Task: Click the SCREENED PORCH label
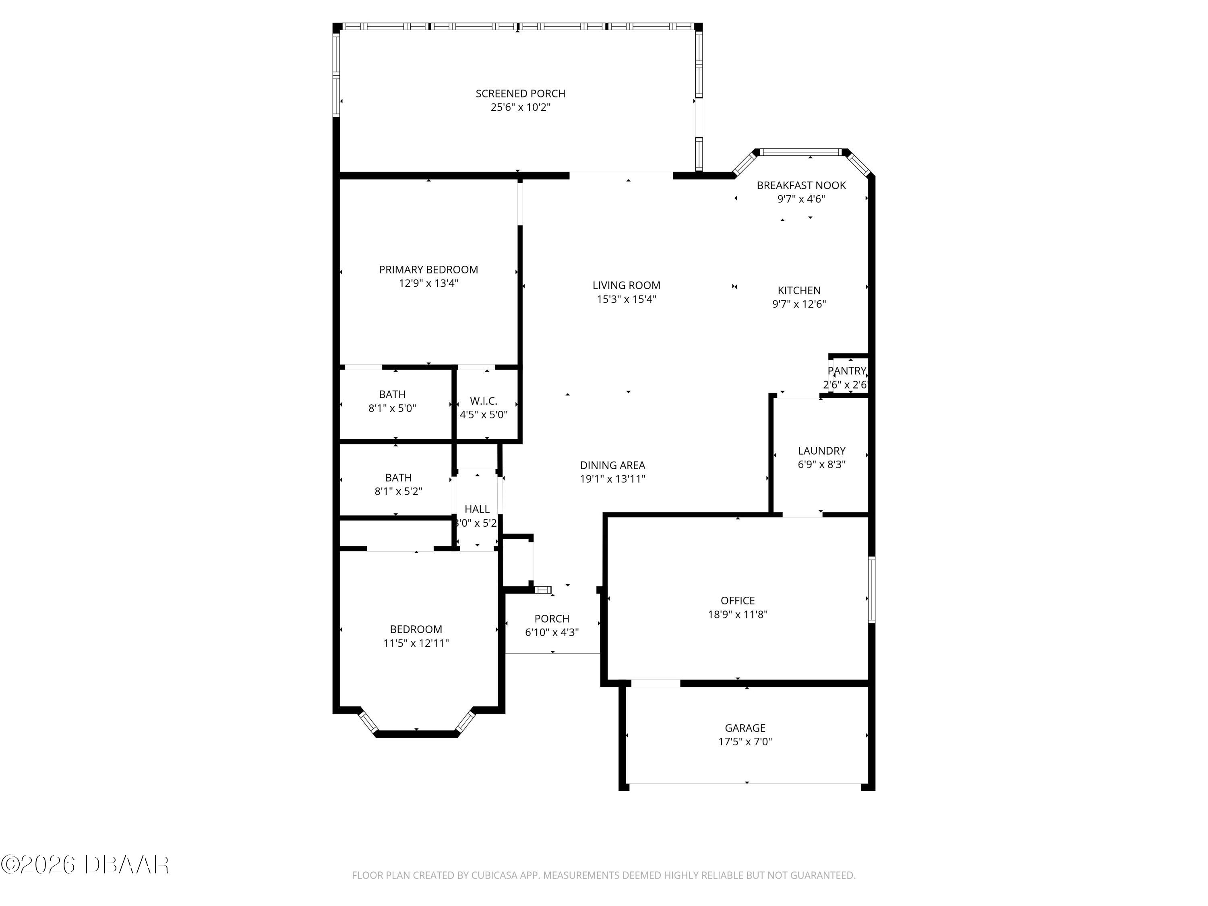click(520, 93)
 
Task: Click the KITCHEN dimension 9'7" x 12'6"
click(798, 304)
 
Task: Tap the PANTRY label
click(846, 371)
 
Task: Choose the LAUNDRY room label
click(821, 451)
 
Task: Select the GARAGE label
click(745, 728)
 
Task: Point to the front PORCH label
click(552, 619)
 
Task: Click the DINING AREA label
click(612, 465)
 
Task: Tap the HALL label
click(477, 509)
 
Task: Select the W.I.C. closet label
click(483, 401)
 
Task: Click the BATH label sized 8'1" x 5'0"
click(392, 394)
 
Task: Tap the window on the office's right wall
click(872, 590)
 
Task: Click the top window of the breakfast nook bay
click(801, 152)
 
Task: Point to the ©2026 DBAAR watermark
click(85, 865)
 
